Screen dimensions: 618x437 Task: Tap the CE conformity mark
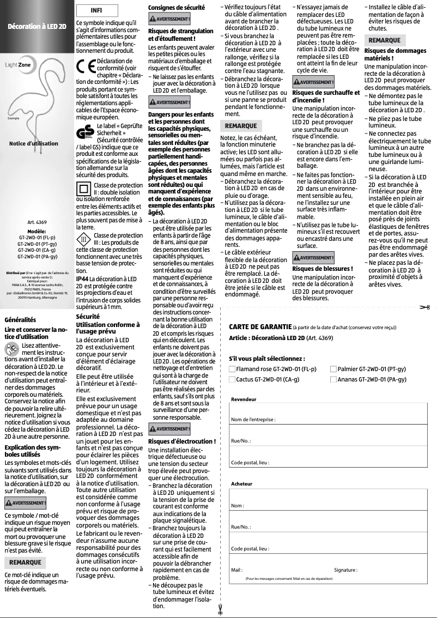(x=85, y=65)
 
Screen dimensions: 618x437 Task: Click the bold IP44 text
(x=82, y=278)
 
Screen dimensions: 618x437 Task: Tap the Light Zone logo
(x=18, y=64)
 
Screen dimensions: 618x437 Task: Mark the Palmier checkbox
(x=333, y=369)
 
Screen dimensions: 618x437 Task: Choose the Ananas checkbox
(x=333, y=379)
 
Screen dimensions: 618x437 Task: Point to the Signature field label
(x=345, y=570)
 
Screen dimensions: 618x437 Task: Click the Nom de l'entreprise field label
(x=253, y=420)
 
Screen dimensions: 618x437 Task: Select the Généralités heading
(x=20, y=319)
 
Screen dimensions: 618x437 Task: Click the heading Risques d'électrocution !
(x=182, y=441)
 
